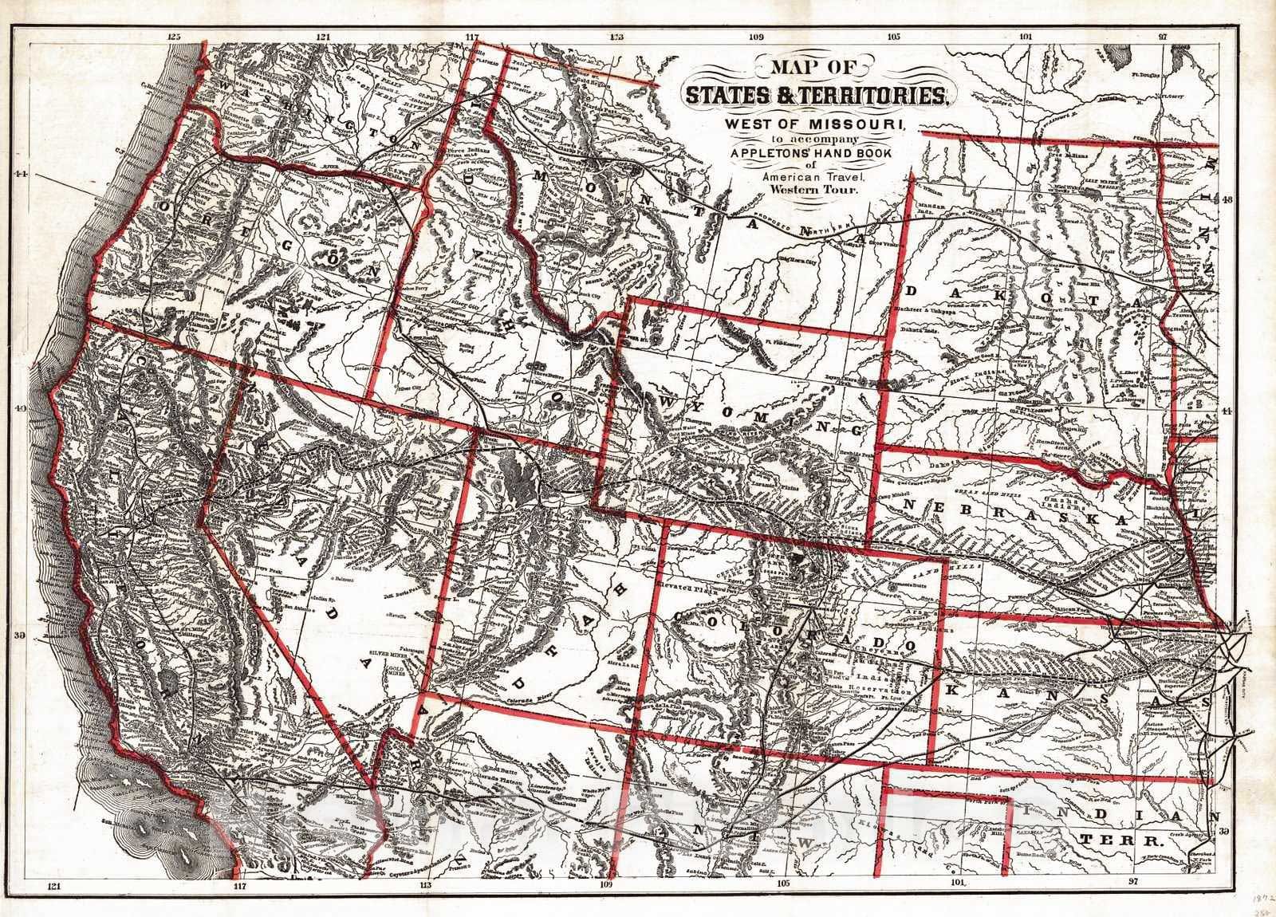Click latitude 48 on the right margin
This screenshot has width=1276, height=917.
point(1228,201)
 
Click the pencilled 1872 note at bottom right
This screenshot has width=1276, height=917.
point(1262,895)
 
